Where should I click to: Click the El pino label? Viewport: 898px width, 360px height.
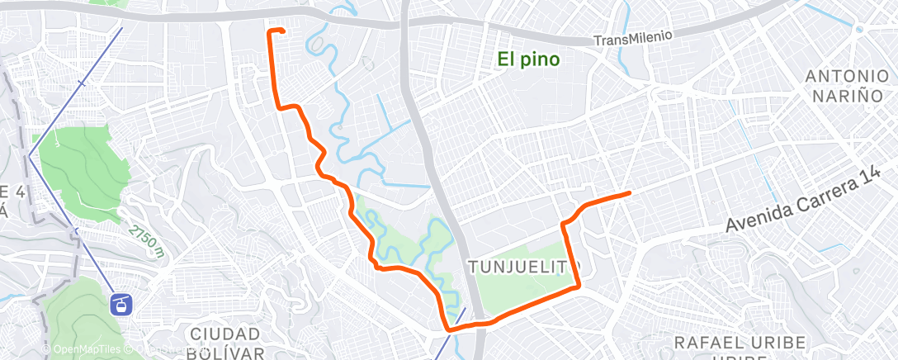point(529,59)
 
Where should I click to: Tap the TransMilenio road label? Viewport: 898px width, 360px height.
point(634,38)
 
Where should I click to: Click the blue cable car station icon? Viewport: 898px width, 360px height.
point(121,305)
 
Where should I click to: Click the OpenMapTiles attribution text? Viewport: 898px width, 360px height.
point(84,349)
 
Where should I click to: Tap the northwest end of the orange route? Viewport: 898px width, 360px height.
point(271,31)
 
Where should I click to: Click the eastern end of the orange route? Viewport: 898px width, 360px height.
point(630,192)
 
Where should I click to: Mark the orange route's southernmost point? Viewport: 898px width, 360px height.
point(449,329)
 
